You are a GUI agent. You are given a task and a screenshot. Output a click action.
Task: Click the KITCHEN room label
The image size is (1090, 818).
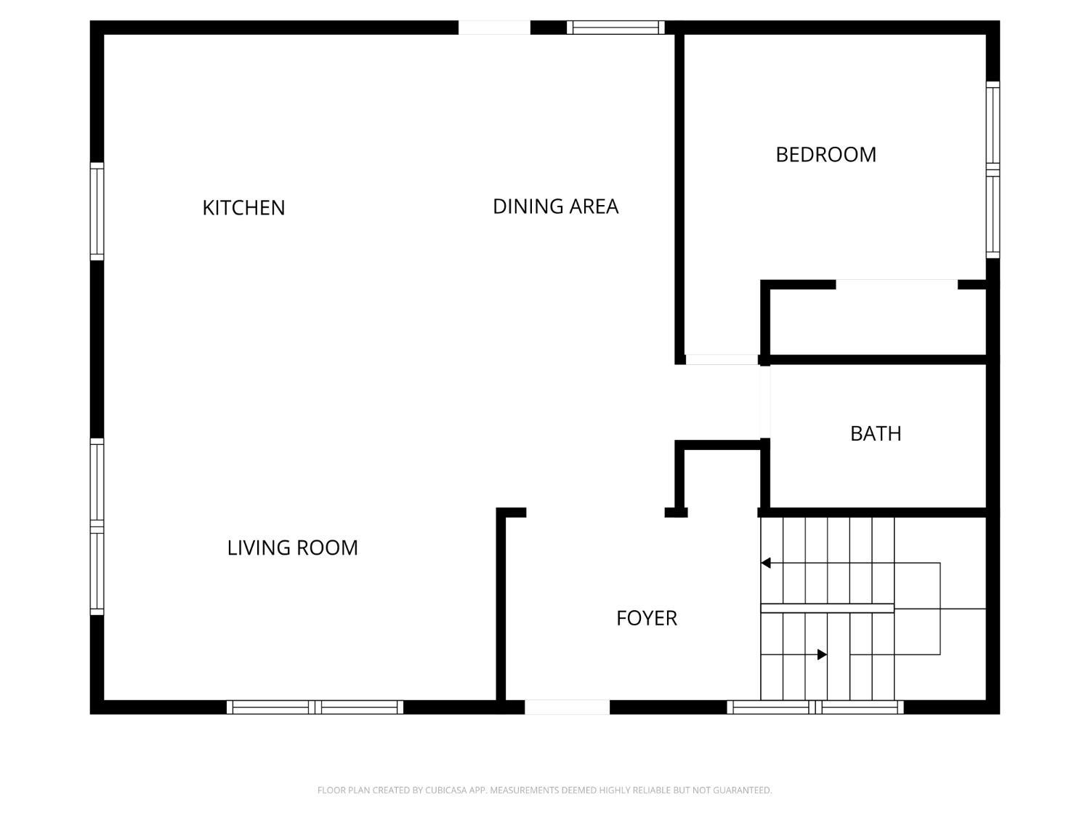[x=243, y=208]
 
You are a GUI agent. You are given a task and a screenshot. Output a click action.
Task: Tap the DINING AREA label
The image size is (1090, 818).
[x=555, y=206]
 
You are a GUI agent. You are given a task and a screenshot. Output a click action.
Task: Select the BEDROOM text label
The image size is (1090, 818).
[x=825, y=154]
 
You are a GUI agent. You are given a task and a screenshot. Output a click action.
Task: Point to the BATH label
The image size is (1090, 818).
[x=876, y=433]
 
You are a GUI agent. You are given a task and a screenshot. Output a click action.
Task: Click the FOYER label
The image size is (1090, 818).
[x=647, y=618]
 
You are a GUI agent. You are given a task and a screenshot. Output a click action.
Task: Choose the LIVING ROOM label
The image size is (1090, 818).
[x=293, y=548]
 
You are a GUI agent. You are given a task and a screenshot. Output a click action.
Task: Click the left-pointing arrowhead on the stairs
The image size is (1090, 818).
[x=765, y=563]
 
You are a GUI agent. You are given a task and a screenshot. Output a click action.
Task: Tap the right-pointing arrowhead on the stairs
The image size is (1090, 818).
[x=823, y=654]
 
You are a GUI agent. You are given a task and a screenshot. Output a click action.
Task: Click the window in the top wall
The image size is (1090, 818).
[x=615, y=28]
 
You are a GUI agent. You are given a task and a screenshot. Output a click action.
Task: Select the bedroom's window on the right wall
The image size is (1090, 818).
[x=993, y=170]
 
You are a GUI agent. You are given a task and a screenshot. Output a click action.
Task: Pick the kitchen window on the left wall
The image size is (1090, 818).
[x=97, y=211]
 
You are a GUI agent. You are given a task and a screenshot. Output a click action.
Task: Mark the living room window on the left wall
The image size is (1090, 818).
[x=97, y=526]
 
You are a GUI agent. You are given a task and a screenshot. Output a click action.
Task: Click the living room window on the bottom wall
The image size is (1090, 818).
[x=315, y=707]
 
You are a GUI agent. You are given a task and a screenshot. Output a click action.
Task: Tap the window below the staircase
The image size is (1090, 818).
[x=815, y=707]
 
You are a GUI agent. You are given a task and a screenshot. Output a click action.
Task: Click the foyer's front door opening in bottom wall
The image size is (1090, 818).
[x=567, y=707]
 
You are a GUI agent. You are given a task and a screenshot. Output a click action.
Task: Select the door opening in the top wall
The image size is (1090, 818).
[x=494, y=28]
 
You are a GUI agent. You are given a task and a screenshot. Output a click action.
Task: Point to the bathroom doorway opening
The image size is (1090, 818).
[x=764, y=402]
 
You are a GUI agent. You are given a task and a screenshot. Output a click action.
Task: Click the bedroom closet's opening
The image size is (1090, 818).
[x=897, y=284]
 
